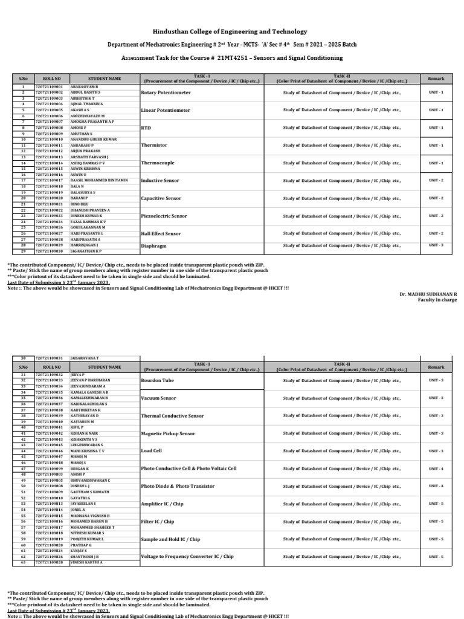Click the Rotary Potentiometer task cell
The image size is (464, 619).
(166, 92)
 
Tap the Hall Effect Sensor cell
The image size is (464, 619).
(161, 234)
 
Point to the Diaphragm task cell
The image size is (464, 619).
(153, 246)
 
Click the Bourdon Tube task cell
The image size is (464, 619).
(157, 380)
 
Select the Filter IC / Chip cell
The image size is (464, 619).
(157, 522)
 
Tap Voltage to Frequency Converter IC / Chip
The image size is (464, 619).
(187, 557)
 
